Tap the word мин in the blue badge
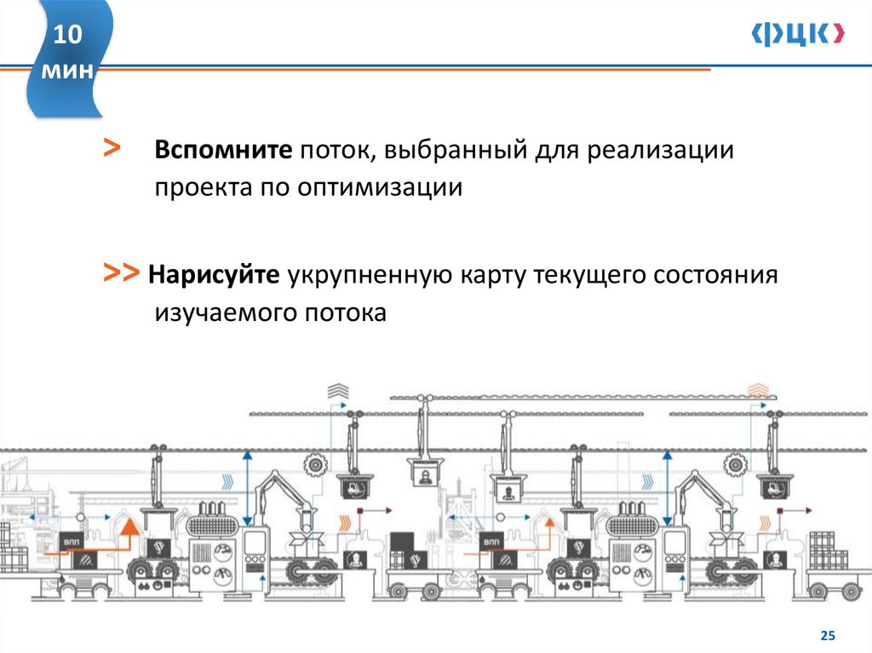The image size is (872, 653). [x=69, y=72]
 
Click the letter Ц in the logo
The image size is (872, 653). [x=798, y=34]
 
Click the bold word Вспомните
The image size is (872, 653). [x=223, y=152]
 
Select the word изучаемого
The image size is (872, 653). [x=223, y=312]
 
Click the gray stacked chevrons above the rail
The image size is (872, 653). [x=338, y=391]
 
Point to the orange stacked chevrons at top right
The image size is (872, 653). [x=757, y=391]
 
